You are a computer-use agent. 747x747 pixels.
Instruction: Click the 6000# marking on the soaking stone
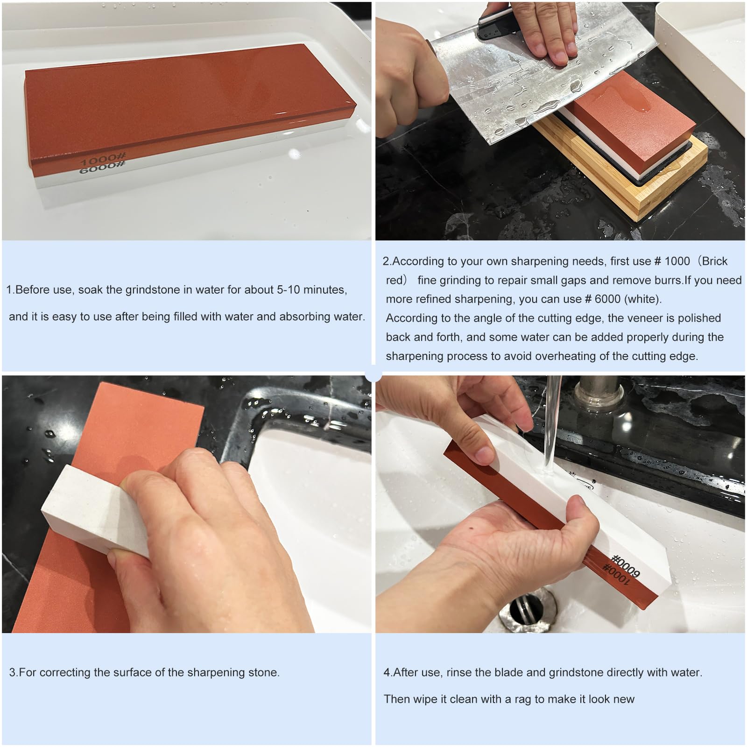(102, 168)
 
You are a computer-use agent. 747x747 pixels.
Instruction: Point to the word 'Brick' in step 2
(714, 261)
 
